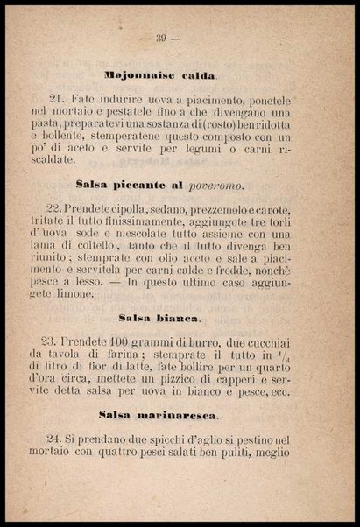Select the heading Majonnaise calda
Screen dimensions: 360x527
click(160, 77)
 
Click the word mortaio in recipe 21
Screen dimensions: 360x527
click(88, 113)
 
